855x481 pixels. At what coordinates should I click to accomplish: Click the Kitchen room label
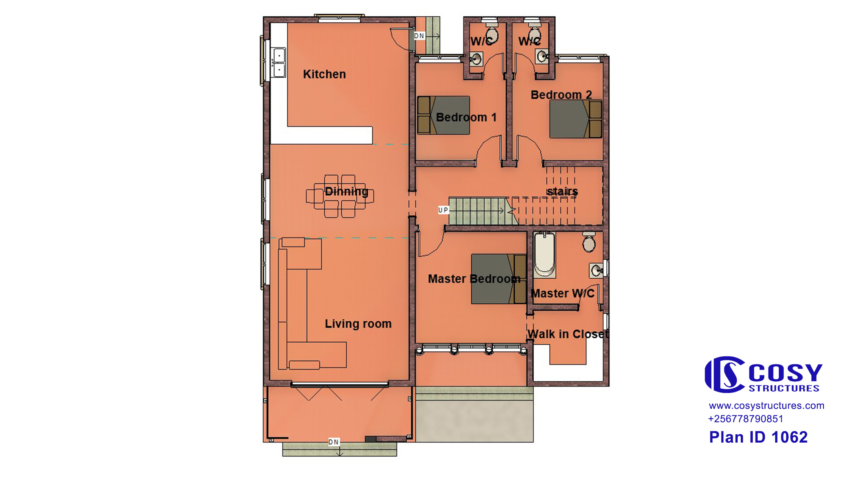[324, 74]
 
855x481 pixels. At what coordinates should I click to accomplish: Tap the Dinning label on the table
[347, 191]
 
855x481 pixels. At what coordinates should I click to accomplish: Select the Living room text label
[358, 324]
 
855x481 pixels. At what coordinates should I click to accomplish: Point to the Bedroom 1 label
[466, 117]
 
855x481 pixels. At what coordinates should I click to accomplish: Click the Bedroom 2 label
[561, 95]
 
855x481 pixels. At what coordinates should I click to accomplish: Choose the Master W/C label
[562, 293]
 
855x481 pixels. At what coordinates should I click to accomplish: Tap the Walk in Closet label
[568, 334]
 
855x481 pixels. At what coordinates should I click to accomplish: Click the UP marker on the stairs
[443, 210]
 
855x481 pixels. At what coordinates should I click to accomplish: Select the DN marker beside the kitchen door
[419, 36]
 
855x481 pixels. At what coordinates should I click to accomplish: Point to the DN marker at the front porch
[334, 442]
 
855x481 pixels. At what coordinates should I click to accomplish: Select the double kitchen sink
[279, 63]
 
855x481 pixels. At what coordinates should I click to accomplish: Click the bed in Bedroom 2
[576, 119]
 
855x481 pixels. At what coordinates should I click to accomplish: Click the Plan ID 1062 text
[758, 437]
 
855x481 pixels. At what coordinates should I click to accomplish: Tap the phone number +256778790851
[746, 419]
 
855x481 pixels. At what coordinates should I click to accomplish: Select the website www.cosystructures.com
[766, 406]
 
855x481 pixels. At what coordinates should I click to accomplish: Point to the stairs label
[562, 191]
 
